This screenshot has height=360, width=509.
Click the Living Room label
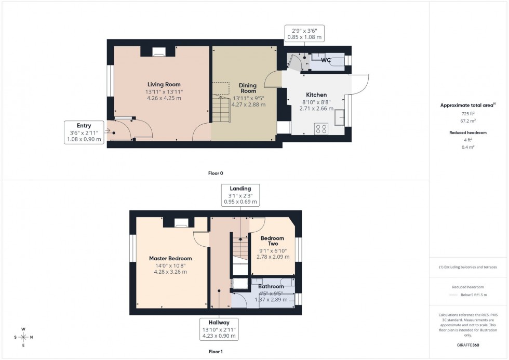coord(164,84)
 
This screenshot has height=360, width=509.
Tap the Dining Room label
coord(248,88)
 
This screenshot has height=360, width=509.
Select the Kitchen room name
coord(316,95)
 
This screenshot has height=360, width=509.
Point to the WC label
coord(326,60)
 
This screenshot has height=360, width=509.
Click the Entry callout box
coord(84,132)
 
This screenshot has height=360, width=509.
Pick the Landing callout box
coord(240,195)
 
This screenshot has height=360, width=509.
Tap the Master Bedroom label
coord(170,258)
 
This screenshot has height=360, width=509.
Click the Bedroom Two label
coord(273,240)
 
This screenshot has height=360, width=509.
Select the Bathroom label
coord(271,286)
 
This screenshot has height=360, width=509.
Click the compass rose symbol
coord(23,337)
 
